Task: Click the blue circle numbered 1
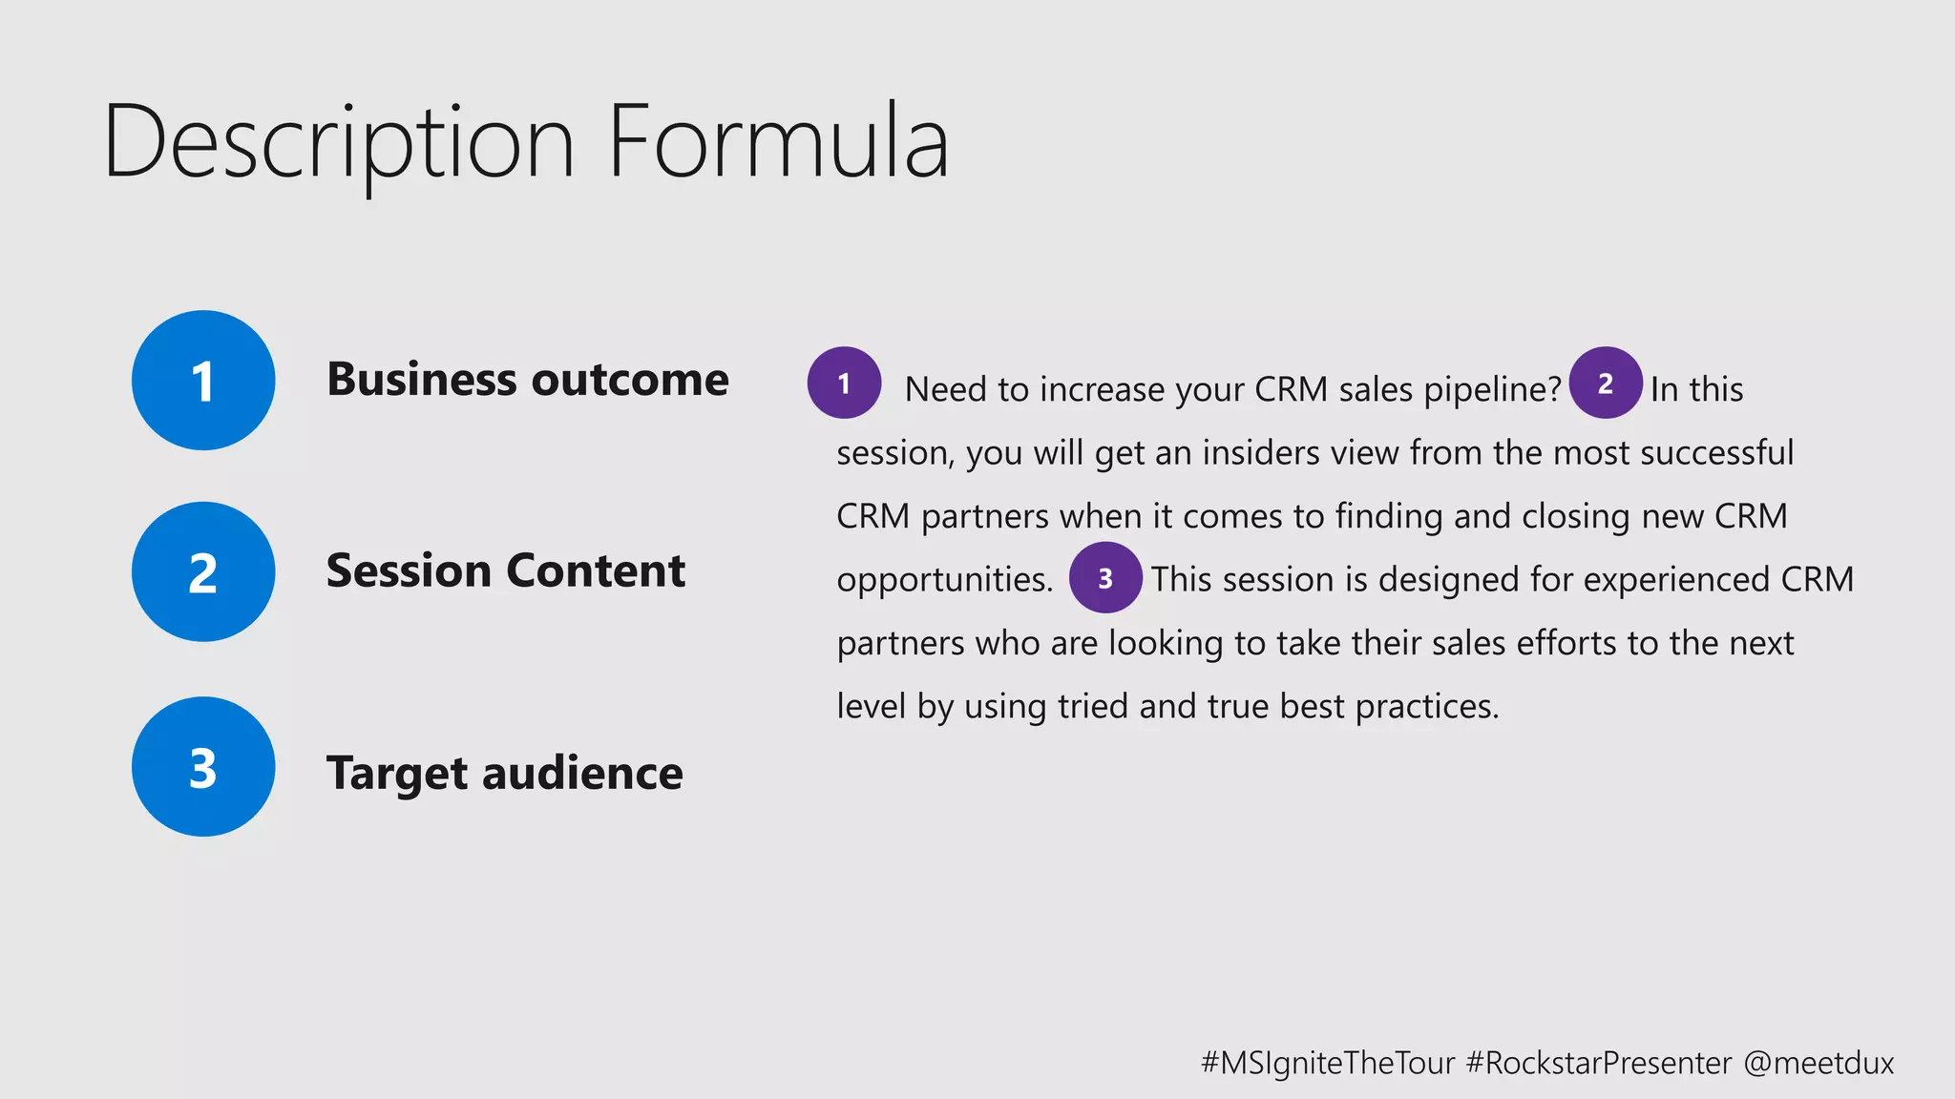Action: click(203, 381)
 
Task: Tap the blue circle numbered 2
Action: click(203, 572)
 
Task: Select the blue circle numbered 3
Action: click(203, 767)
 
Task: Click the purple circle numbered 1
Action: click(844, 383)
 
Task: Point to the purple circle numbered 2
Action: click(1606, 383)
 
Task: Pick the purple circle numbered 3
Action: click(1105, 578)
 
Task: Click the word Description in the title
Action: click(339, 143)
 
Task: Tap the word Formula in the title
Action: click(778, 143)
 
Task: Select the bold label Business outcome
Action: click(528, 380)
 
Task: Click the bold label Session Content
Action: click(506, 571)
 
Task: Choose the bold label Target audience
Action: click(505, 773)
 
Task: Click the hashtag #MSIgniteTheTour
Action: click(1328, 1063)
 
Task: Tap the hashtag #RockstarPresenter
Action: click(1599, 1063)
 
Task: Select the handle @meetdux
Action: click(1818, 1063)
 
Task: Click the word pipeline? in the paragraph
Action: click(1492, 390)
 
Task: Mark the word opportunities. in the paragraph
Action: click(945, 580)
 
